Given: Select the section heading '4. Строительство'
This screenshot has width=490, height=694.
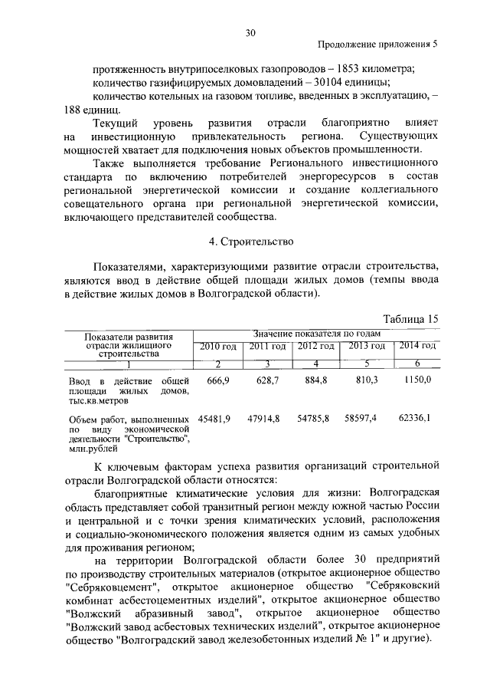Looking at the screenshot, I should pos(251,242).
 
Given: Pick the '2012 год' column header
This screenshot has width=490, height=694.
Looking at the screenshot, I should pos(317,347).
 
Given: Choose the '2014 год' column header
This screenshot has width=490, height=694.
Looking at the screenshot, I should pos(416,347).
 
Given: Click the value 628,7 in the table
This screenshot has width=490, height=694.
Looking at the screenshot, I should pos(268,380).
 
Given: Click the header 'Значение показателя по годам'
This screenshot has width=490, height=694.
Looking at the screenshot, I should pos(316,334).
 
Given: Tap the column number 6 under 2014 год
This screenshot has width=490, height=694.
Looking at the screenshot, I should pos(417,363).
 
